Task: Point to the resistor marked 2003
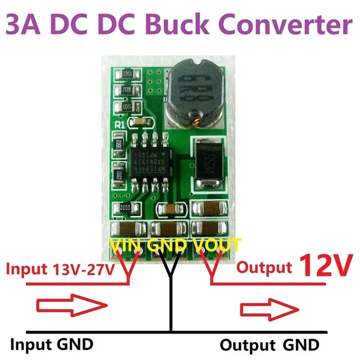121,209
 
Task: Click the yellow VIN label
127,246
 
